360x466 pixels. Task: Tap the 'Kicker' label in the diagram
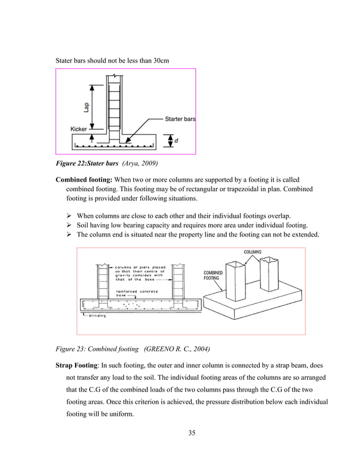point(78,129)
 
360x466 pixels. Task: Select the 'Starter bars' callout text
point(180,119)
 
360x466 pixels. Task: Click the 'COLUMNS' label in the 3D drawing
point(252,252)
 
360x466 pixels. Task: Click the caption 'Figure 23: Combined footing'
point(95,348)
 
